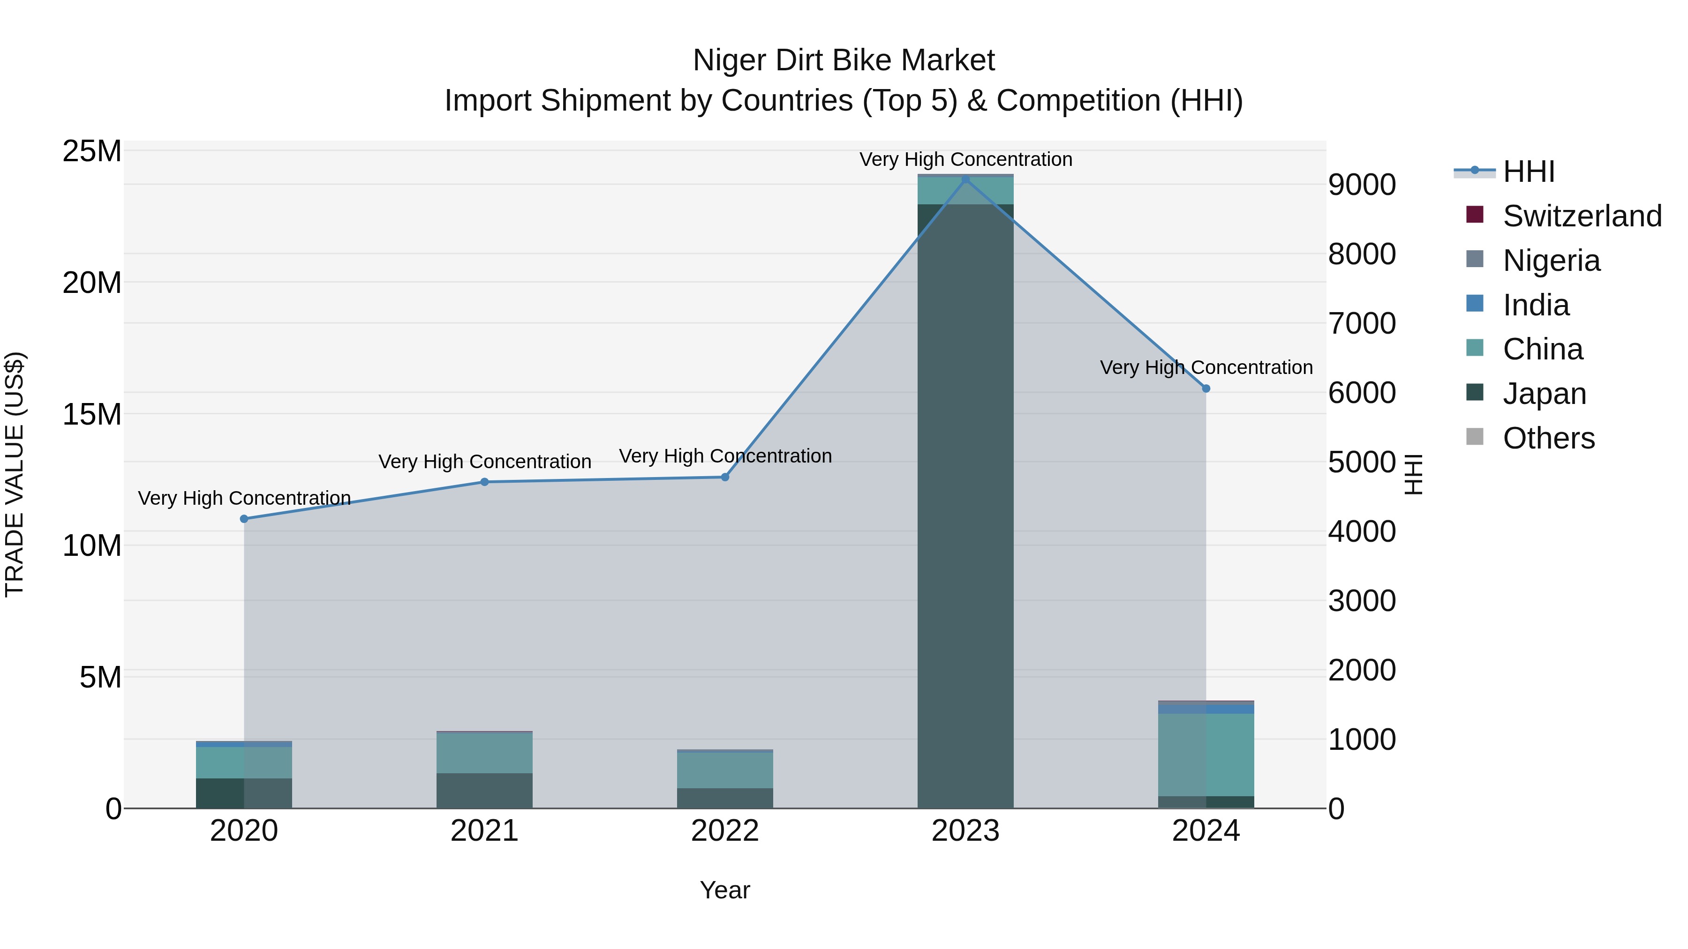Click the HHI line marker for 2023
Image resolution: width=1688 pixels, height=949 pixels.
(x=965, y=179)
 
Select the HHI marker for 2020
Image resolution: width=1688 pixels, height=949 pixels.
(x=244, y=519)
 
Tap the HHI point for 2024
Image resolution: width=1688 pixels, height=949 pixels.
(x=1206, y=389)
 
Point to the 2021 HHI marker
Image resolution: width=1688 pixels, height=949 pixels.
(x=484, y=482)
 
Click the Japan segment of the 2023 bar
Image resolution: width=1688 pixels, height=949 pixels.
(x=965, y=504)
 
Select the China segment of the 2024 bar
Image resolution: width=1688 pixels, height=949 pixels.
(x=1206, y=755)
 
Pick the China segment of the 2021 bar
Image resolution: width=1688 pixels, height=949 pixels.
(x=484, y=753)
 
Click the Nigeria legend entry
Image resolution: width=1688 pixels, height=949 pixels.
(x=1551, y=261)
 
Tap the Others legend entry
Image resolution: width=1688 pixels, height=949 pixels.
(x=1548, y=438)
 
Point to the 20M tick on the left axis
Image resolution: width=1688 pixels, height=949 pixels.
(x=92, y=283)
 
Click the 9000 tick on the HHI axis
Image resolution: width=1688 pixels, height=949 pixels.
(x=1362, y=185)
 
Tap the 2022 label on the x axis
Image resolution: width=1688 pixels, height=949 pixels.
(x=725, y=831)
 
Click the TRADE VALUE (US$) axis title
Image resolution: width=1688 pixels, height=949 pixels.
(x=15, y=474)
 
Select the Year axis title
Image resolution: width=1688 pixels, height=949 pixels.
(x=725, y=890)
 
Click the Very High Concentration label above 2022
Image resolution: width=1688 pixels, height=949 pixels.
(x=725, y=456)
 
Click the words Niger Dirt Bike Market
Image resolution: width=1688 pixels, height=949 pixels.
(x=844, y=60)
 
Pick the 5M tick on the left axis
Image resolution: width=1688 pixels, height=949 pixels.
(x=100, y=677)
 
